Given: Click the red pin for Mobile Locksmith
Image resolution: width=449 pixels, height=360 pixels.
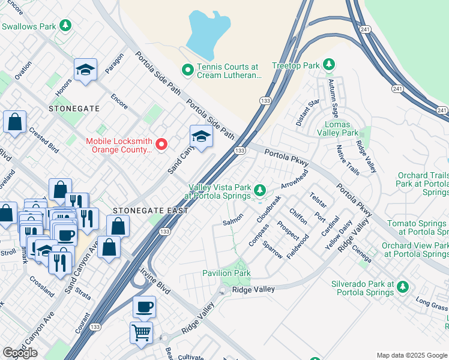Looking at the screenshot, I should click(161, 143).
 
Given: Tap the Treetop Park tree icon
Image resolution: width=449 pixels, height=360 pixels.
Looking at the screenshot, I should click(328, 64).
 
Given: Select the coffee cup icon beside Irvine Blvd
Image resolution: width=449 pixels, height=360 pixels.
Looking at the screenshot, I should click(144, 307).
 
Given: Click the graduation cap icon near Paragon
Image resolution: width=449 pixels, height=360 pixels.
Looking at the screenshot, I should click(85, 70).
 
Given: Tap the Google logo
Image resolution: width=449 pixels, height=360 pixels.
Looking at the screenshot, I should click(20, 353).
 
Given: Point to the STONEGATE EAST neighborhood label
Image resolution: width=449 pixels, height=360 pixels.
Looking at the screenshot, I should click(150, 211).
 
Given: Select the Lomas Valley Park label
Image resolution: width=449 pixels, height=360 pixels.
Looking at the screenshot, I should click(342, 127).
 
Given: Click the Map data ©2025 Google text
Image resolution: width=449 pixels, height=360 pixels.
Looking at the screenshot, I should click(412, 355).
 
